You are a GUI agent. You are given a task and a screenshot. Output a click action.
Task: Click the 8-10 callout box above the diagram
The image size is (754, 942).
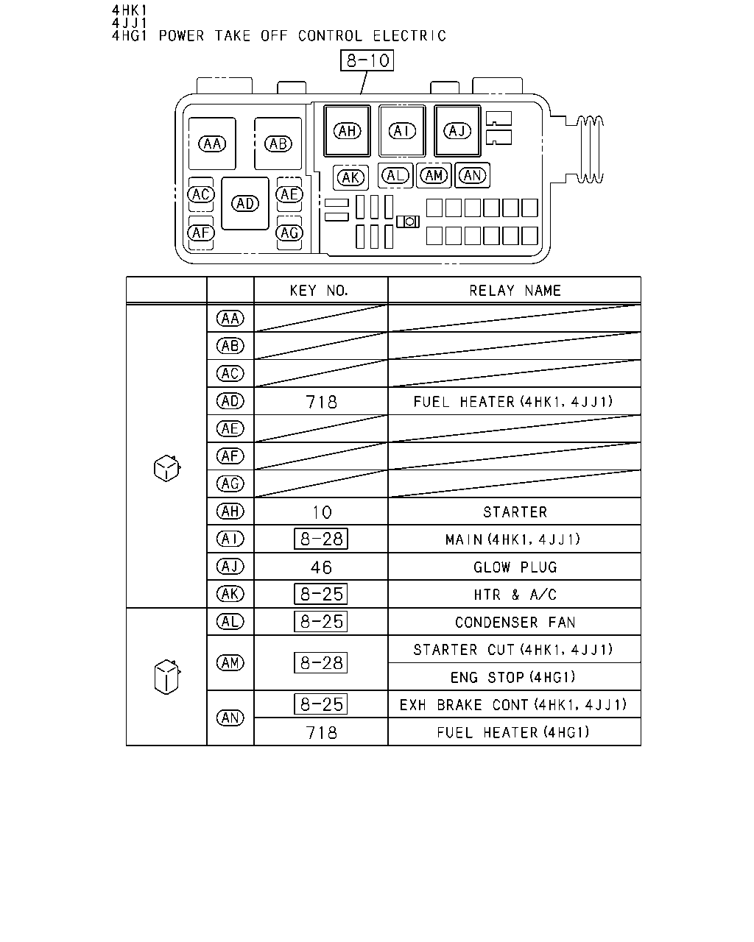(367, 60)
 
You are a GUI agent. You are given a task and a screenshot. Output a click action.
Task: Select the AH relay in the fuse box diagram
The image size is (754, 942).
(347, 130)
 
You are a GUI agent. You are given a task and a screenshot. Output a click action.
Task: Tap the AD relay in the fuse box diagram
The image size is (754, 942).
(245, 203)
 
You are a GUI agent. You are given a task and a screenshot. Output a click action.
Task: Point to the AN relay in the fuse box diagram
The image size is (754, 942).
(472, 176)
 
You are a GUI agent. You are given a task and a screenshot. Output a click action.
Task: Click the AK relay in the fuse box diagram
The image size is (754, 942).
(350, 177)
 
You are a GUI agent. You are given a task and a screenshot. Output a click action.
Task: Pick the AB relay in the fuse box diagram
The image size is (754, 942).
(278, 144)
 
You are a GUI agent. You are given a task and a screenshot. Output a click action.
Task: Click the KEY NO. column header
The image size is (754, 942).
(319, 291)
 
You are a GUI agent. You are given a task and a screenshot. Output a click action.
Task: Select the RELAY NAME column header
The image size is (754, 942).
(515, 291)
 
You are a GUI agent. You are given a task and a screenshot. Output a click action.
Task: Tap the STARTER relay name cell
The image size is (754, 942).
(515, 512)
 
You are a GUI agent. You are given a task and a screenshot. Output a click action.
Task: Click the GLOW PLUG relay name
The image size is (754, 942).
(515, 567)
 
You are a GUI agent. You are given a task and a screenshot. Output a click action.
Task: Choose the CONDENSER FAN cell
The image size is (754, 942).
(515, 623)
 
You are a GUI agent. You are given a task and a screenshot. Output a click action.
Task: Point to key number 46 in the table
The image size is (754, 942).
(321, 567)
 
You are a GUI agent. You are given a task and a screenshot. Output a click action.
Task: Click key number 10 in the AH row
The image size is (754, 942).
(322, 512)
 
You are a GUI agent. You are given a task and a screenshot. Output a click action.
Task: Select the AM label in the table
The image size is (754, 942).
(230, 663)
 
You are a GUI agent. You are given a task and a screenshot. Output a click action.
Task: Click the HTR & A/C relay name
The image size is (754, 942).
(515, 595)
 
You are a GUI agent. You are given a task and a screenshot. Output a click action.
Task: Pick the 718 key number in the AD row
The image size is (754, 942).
(322, 402)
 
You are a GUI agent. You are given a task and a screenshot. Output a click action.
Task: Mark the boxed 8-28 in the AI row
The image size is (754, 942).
(321, 539)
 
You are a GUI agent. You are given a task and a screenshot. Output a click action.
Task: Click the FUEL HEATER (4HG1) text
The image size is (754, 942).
(512, 733)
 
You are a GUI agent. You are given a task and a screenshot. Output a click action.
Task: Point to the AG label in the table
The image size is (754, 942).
(230, 484)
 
